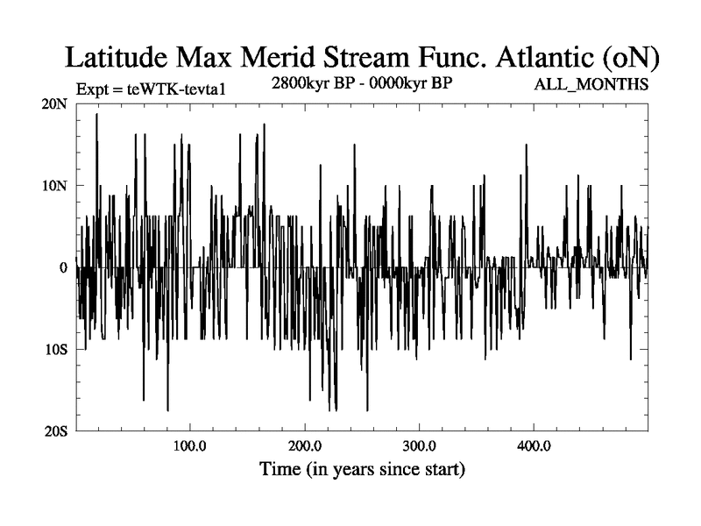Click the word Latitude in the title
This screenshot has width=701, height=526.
click(119, 58)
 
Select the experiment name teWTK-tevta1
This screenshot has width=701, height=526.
click(168, 88)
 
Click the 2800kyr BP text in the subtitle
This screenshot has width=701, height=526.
click(312, 85)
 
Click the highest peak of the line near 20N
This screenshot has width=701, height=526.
click(96, 114)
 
